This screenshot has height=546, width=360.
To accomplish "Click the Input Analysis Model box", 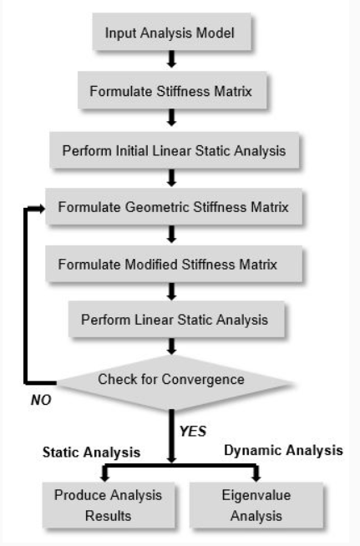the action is click(x=171, y=32).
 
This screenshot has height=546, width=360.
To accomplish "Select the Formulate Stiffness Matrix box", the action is click(x=172, y=90).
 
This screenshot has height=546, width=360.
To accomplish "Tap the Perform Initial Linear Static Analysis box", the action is click(x=175, y=150).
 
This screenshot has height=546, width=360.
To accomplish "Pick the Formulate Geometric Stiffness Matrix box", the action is click(x=174, y=207).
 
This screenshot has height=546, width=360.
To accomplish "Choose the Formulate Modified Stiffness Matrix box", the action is click(x=174, y=264).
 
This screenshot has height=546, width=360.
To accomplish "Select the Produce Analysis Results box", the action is click(x=109, y=505).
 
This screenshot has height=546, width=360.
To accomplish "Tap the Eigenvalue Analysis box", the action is click(x=256, y=505).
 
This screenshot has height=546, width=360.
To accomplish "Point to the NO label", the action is click(x=41, y=400).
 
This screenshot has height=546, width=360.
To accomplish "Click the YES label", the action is click(x=193, y=431).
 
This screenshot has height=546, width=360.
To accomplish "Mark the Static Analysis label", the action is click(x=91, y=452).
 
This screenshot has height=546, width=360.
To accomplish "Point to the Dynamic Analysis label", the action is click(x=283, y=450).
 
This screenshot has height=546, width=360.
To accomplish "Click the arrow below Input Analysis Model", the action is click(x=171, y=59).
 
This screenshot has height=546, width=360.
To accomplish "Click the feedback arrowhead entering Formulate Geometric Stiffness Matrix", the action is click(x=41, y=209).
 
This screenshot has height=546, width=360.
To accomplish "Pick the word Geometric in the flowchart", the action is click(x=157, y=207).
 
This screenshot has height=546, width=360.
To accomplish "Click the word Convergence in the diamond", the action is click(x=203, y=379).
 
